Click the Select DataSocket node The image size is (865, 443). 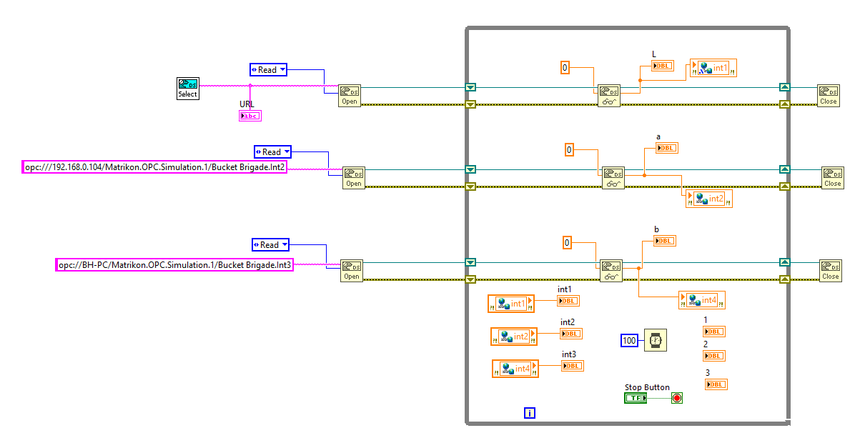[x=187, y=89]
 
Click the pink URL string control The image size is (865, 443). [x=250, y=116]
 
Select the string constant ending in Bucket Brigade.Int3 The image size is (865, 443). [x=175, y=265]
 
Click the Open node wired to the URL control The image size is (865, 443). [x=349, y=96]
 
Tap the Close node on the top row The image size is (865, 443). [x=828, y=96]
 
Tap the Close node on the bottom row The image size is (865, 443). [x=830, y=270]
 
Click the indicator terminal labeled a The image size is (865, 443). [x=666, y=148]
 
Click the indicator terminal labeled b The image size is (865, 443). [x=664, y=241]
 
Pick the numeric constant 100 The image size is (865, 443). [x=629, y=341]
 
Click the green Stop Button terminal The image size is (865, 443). [x=635, y=398]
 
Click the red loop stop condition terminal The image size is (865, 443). [x=676, y=398]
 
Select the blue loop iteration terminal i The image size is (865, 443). [x=529, y=412]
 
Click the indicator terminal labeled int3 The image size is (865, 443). [x=572, y=366]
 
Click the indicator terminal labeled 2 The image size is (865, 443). [x=713, y=356]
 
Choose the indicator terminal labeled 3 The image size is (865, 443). [x=716, y=384]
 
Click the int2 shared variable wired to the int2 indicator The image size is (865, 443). [x=514, y=336]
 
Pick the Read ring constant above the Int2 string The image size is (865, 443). [x=272, y=152]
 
